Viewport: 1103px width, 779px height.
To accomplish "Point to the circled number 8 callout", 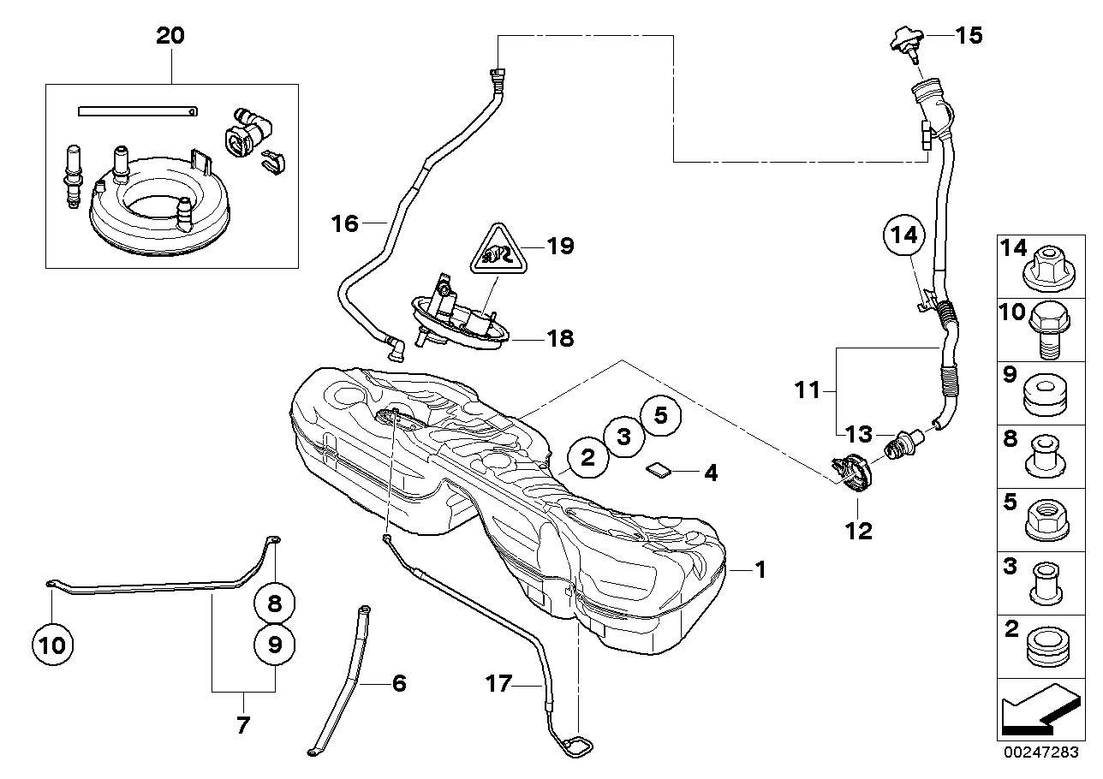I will pos(274,604).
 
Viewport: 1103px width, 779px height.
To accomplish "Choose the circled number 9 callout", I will pos(274,645).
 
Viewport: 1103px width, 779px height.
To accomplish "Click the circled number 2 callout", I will pos(587,457).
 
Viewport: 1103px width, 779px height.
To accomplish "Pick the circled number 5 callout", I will pos(660,415).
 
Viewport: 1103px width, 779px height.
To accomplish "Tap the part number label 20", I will pos(170,36).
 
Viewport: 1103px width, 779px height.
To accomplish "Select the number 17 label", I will pos(499,684).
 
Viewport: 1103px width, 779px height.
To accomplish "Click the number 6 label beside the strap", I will pos(398,683).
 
